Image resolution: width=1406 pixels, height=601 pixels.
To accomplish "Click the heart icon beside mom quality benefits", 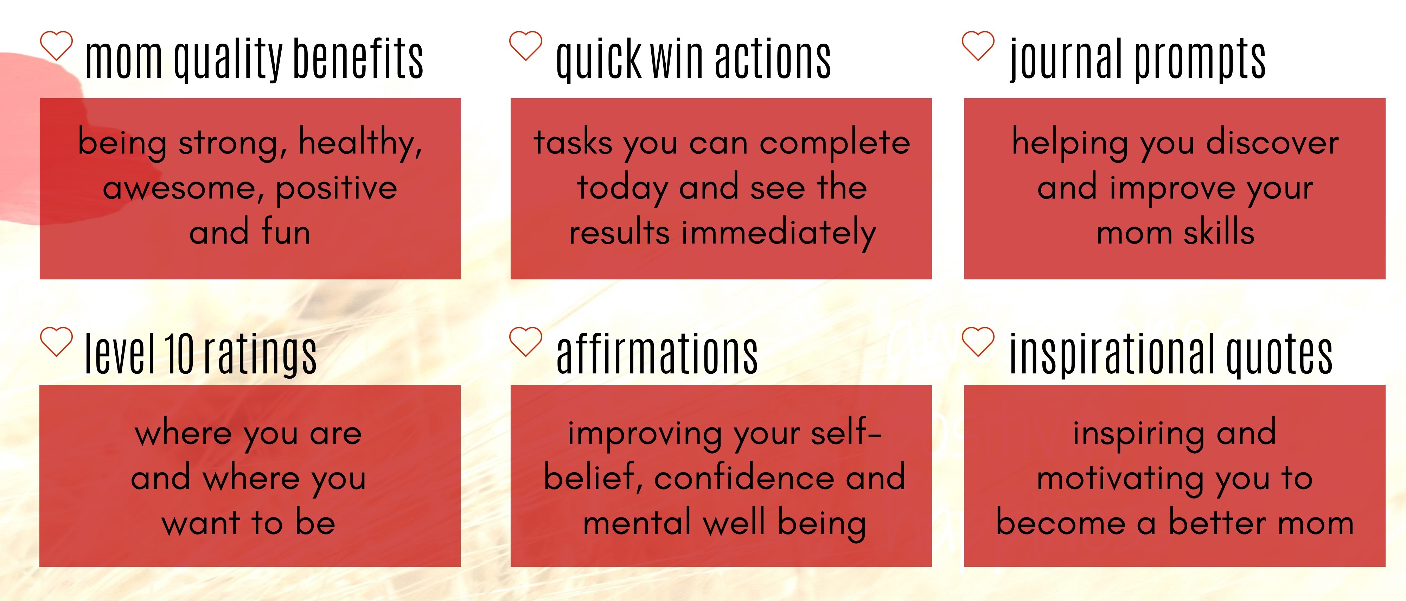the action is click(x=56, y=46).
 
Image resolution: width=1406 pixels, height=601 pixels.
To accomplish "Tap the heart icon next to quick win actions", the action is click(x=526, y=46).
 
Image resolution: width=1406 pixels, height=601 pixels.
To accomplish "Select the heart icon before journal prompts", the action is click(x=978, y=46).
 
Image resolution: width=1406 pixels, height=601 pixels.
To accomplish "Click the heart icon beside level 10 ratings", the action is click(x=56, y=342).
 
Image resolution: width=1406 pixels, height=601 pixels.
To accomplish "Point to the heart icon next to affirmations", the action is click(x=526, y=342).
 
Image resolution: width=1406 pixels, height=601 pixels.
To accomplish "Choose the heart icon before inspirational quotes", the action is click(x=978, y=342).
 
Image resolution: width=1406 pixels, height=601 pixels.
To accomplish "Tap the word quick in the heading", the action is click(x=599, y=60).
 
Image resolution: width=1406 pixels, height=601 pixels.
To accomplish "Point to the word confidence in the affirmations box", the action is click(x=743, y=477).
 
